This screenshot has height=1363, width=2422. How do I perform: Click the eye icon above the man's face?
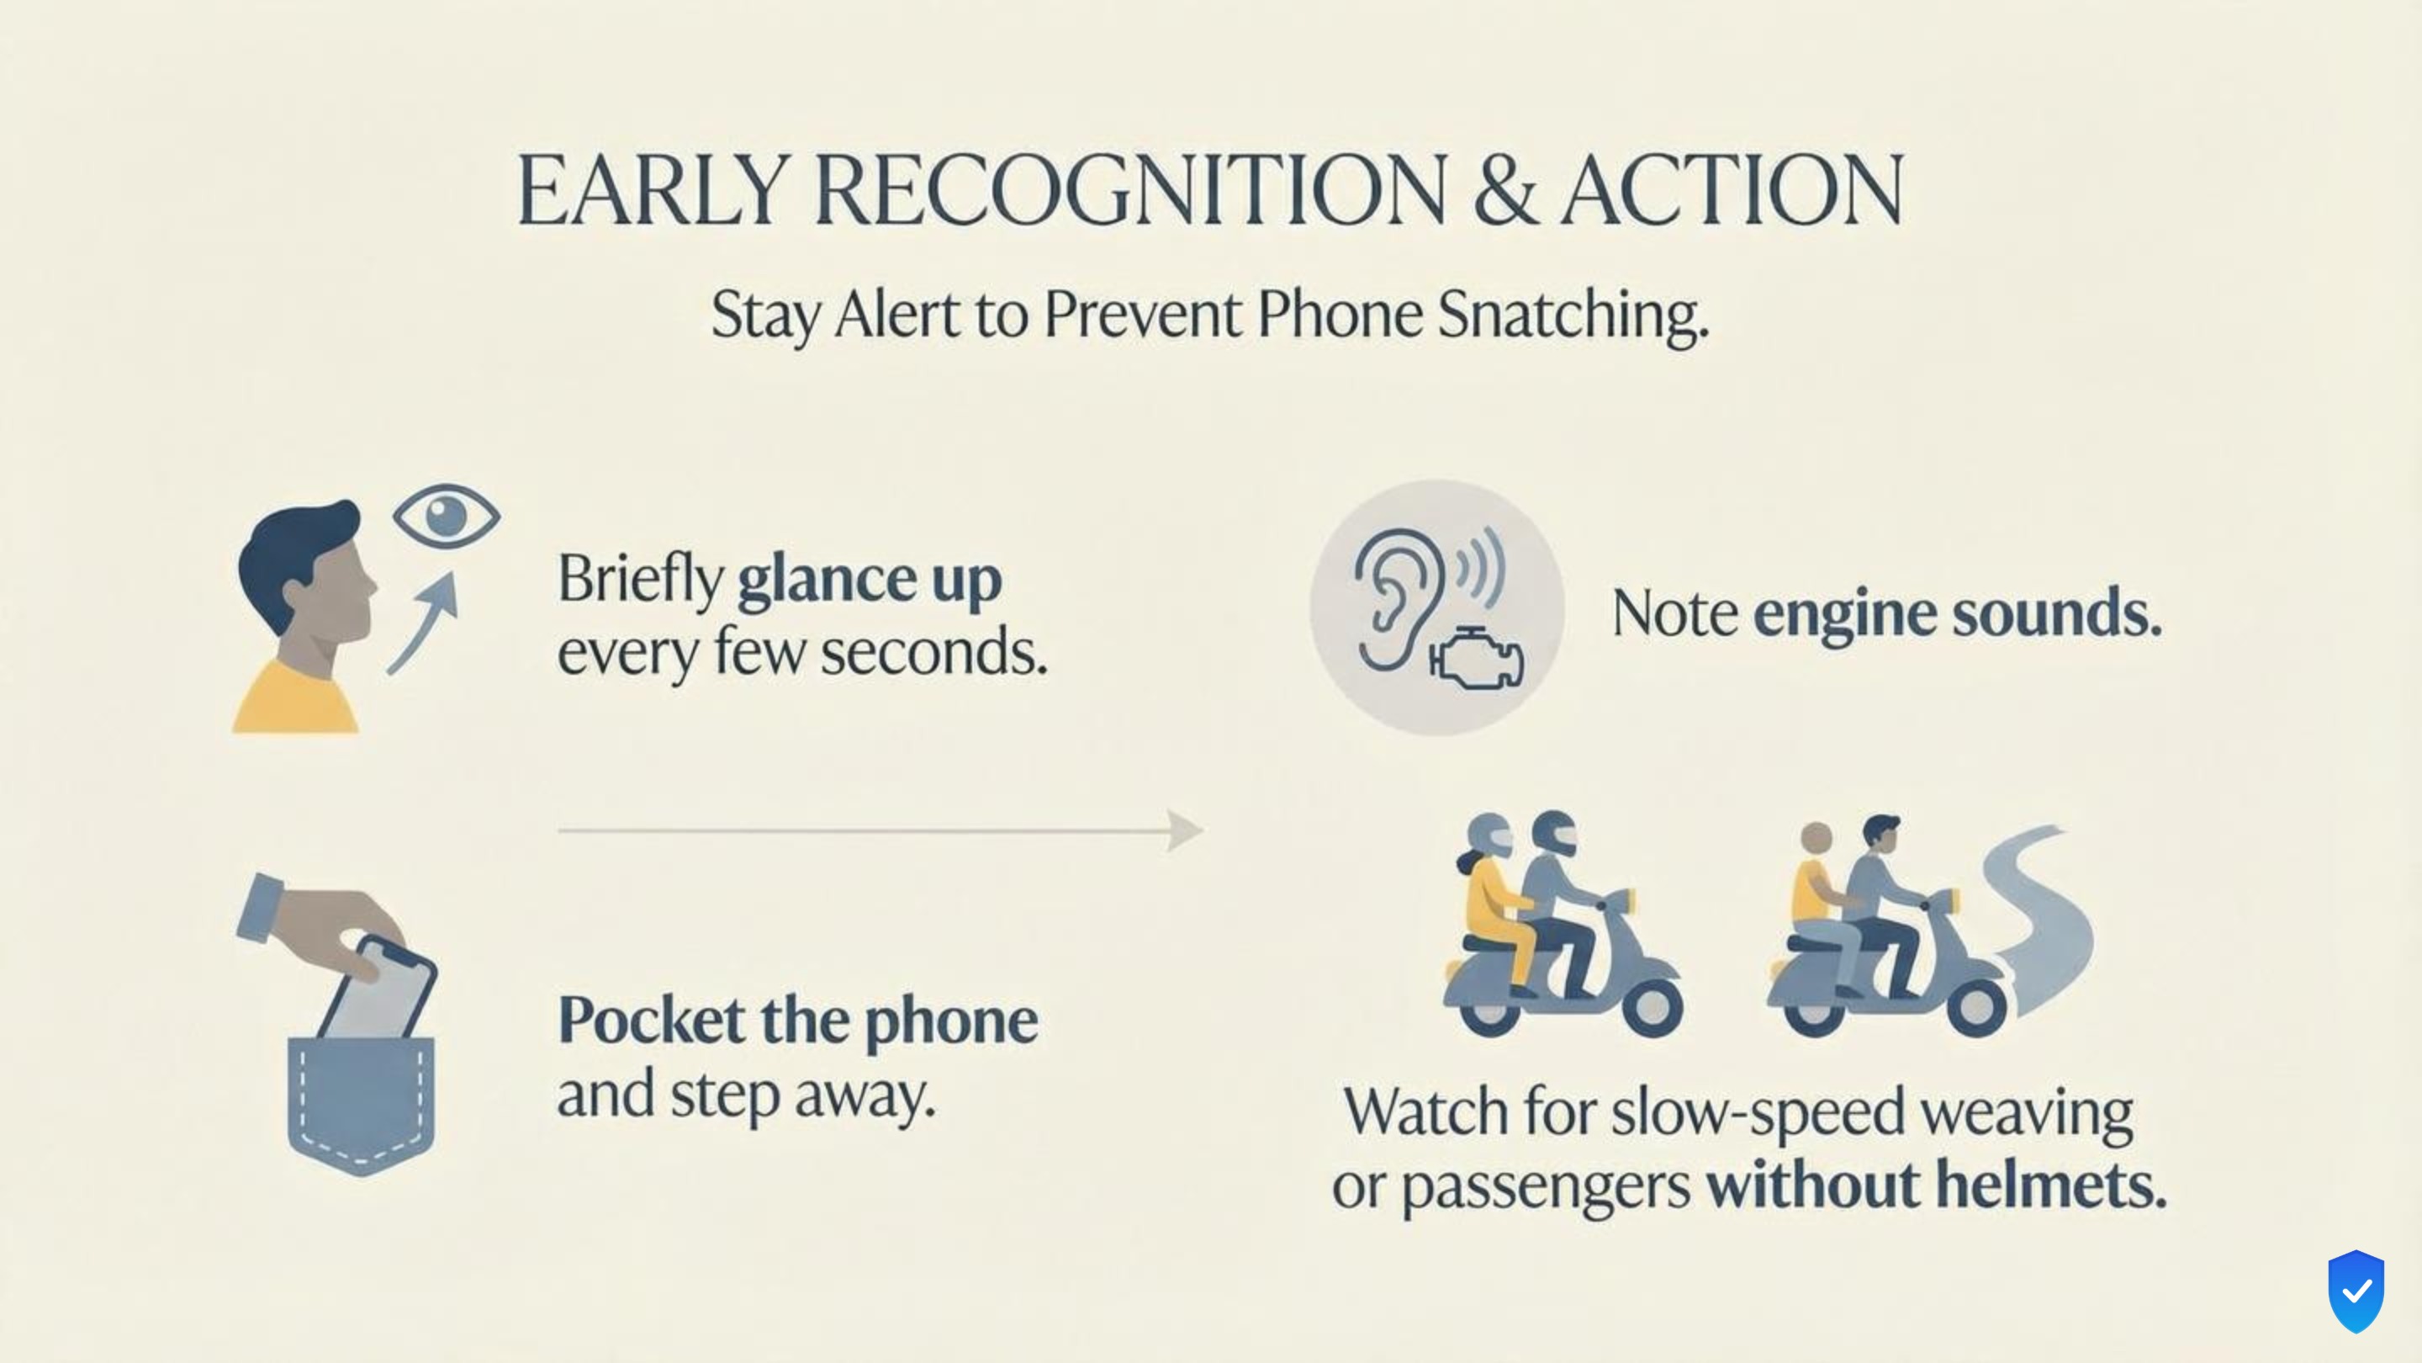click(x=447, y=516)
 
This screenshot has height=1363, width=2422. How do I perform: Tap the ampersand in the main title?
click(x=1505, y=190)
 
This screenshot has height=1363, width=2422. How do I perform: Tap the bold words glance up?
click(x=870, y=581)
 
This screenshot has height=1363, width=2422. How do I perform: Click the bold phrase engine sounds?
click(x=1958, y=613)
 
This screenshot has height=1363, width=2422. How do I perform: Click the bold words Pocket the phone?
click(x=798, y=1021)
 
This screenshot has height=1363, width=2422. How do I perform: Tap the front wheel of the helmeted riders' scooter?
click(x=1651, y=1005)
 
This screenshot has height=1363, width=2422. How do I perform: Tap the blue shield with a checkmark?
click(x=2356, y=1291)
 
